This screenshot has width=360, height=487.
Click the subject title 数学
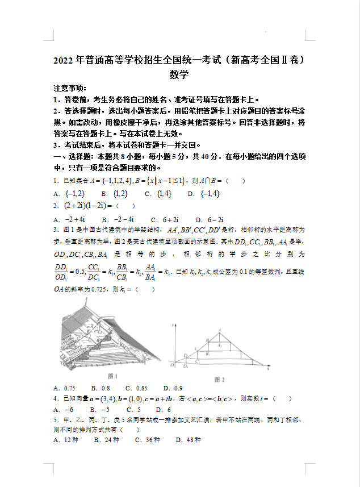pos(179,74)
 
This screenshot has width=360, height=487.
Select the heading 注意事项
pos(70,88)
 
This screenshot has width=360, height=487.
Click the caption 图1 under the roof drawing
pos(112,376)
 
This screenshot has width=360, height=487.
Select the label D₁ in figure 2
pos(185,356)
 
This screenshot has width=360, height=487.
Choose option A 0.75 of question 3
pos(65,389)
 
